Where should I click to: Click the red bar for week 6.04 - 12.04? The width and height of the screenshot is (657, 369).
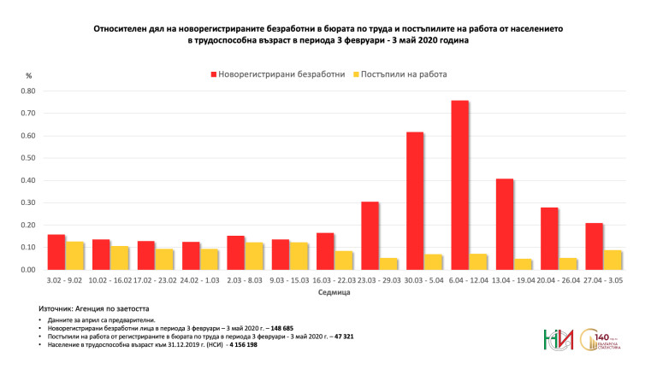459,184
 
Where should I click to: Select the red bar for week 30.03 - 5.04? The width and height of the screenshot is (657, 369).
415,201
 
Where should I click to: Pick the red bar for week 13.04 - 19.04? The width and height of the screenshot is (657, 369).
505,224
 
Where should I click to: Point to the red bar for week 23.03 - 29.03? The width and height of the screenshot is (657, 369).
370,235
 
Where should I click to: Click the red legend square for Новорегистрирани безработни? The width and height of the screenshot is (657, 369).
213,74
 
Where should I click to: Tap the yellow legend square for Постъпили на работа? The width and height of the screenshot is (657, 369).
355,74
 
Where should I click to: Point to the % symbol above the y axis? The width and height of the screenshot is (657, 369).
29,77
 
